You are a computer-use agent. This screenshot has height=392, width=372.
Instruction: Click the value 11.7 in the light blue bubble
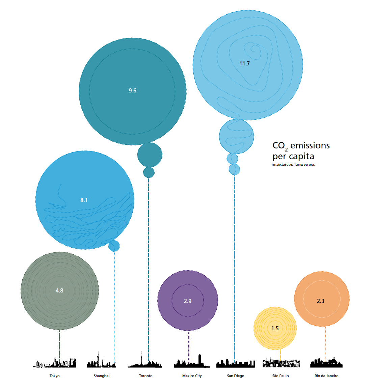pyautogui.click(x=244, y=63)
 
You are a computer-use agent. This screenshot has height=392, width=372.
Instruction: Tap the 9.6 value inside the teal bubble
pyautogui.click(x=132, y=90)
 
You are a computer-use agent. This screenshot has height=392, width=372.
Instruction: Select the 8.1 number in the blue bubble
pyautogui.click(x=84, y=200)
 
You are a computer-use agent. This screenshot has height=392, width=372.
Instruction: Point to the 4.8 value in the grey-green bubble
pyautogui.click(x=59, y=290)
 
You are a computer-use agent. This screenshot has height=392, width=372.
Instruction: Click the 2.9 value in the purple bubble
pyautogui.click(x=188, y=301)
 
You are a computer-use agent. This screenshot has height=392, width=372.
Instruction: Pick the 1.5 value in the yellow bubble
pyautogui.click(x=275, y=328)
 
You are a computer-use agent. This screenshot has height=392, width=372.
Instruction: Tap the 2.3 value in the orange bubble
pyautogui.click(x=321, y=301)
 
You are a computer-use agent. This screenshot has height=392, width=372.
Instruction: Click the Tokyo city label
pyautogui.click(x=54, y=376)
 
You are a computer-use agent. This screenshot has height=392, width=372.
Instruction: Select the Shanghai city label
pyautogui.click(x=102, y=376)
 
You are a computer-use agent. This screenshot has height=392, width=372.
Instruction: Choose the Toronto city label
pyautogui.click(x=146, y=376)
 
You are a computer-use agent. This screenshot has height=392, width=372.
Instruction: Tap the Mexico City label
pyautogui.click(x=192, y=376)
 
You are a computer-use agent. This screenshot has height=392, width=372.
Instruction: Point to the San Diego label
pyautogui.click(x=236, y=376)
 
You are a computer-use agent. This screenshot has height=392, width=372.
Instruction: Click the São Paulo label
pyautogui.click(x=281, y=376)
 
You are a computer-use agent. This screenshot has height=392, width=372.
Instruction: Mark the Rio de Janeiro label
pyautogui.click(x=326, y=376)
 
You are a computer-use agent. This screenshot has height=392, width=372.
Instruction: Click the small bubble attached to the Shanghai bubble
pyautogui.click(x=114, y=246)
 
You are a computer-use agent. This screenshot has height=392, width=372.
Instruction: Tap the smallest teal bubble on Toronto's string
pyautogui.click(x=149, y=172)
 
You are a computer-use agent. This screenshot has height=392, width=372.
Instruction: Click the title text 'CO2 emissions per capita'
pyautogui.click(x=300, y=151)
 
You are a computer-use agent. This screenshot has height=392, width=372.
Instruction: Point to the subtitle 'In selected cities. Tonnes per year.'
pyautogui.click(x=293, y=165)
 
